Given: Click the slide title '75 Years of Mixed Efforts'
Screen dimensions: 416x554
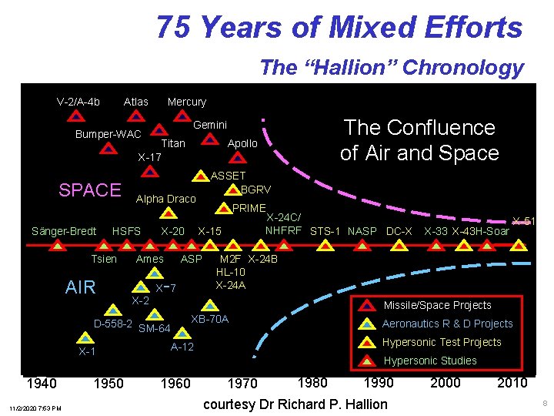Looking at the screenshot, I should pos(339,28).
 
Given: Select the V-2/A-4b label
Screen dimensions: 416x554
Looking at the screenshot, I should pos(78,102).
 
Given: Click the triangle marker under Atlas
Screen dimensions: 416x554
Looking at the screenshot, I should pos(135,116).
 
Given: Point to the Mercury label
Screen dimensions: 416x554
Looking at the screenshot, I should pos(187,102).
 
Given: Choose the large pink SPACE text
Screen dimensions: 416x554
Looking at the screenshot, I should pos(90,190).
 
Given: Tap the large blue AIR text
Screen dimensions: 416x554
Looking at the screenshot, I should pos(81,288).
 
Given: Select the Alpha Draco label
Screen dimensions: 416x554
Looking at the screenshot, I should pos(165,199).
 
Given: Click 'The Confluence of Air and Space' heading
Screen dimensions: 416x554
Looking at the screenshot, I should pos(419,140).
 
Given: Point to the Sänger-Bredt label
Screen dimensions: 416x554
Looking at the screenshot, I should pos(64,231).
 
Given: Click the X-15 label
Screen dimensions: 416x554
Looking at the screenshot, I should pos(210,231).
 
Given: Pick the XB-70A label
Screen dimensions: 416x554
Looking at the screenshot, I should pos(209,319).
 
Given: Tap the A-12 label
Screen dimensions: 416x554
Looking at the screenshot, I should pos(182,347).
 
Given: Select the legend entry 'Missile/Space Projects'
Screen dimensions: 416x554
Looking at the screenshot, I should pos(437,305).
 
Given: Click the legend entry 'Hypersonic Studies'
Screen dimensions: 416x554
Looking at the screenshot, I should pos(430,361).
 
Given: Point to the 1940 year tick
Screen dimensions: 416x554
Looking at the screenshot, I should pos(41,383).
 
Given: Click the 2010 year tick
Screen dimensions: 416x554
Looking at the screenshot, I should pos(512,383).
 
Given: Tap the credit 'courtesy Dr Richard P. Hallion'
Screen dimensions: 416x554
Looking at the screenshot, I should pos(295,404).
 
